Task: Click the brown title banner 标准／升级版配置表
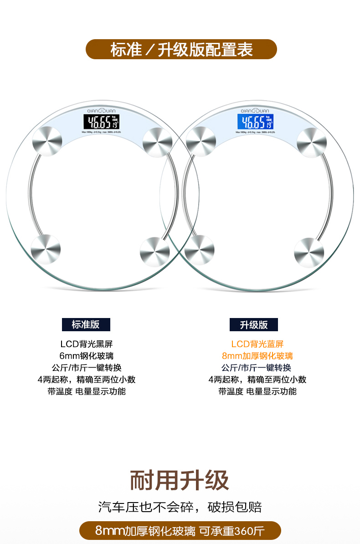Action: pos(181,49)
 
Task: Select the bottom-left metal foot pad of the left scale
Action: pos(46,249)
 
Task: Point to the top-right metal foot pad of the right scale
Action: pos(312,142)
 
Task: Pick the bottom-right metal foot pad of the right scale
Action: pos(309,251)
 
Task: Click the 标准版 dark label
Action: pos(86,324)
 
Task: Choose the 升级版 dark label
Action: pos(254,325)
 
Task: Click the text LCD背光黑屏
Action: pos(86,344)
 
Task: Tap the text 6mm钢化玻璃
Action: pos(86,356)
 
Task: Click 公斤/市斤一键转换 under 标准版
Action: pos(86,368)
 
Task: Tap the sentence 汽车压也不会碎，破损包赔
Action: pos(180,507)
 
